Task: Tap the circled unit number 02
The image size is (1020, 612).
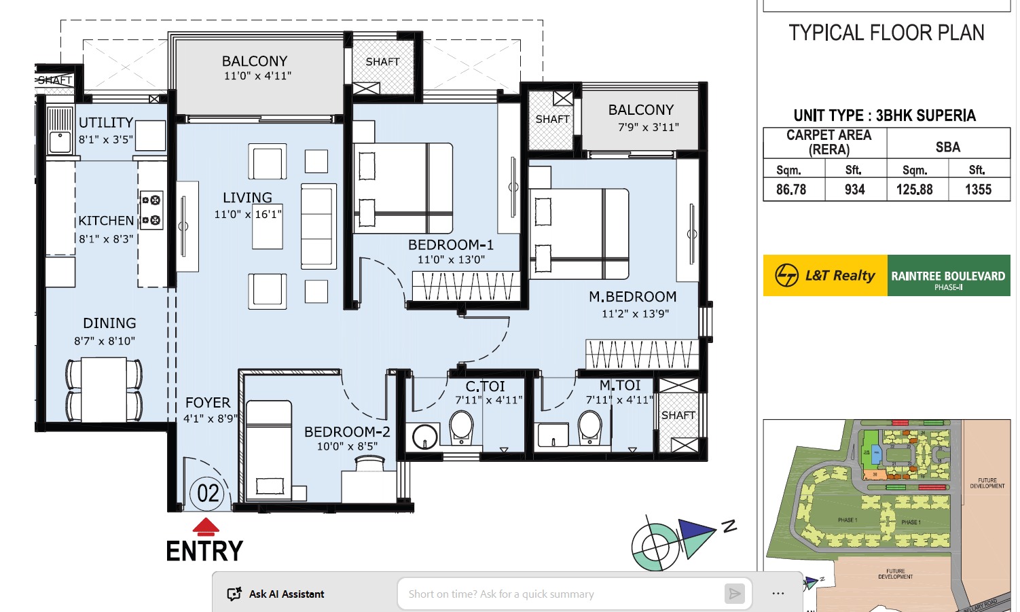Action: point(208,493)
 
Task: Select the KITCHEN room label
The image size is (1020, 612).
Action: point(106,221)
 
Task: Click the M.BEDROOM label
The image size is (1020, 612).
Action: point(632,297)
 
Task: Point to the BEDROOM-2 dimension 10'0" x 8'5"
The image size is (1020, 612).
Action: point(347,446)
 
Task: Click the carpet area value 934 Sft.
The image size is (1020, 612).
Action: point(855,190)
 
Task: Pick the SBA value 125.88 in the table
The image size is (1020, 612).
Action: point(915,190)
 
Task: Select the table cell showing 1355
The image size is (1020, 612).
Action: point(978,190)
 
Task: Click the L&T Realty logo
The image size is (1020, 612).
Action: point(825,275)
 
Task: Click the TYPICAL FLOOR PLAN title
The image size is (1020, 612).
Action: point(886,33)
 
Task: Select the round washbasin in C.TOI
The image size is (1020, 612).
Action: point(426,436)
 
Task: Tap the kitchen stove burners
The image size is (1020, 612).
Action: point(151,210)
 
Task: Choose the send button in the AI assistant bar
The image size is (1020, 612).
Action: point(734,594)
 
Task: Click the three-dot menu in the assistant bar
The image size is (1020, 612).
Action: point(778,594)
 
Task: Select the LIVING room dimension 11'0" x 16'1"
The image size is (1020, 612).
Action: point(247,215)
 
